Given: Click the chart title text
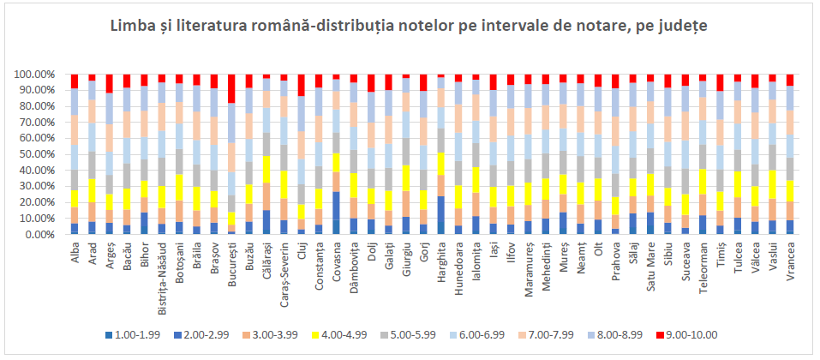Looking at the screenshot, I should coord(409,27).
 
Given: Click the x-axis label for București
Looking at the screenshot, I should coord(233,261).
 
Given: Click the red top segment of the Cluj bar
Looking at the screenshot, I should coord(301,85).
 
